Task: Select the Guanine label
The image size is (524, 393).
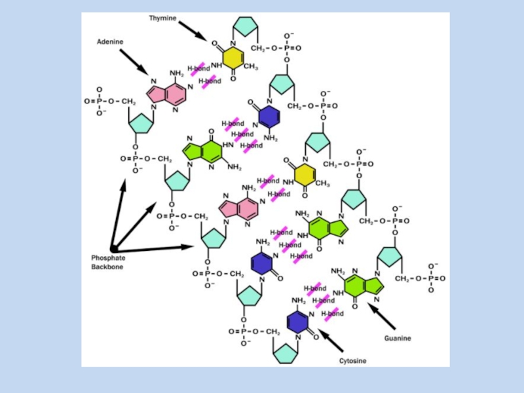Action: pos(398,338)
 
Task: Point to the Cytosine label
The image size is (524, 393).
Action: pos(352,361)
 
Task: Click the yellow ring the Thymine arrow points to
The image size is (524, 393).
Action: pos(232,57)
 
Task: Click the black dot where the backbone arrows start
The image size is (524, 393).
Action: pos(113,249)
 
